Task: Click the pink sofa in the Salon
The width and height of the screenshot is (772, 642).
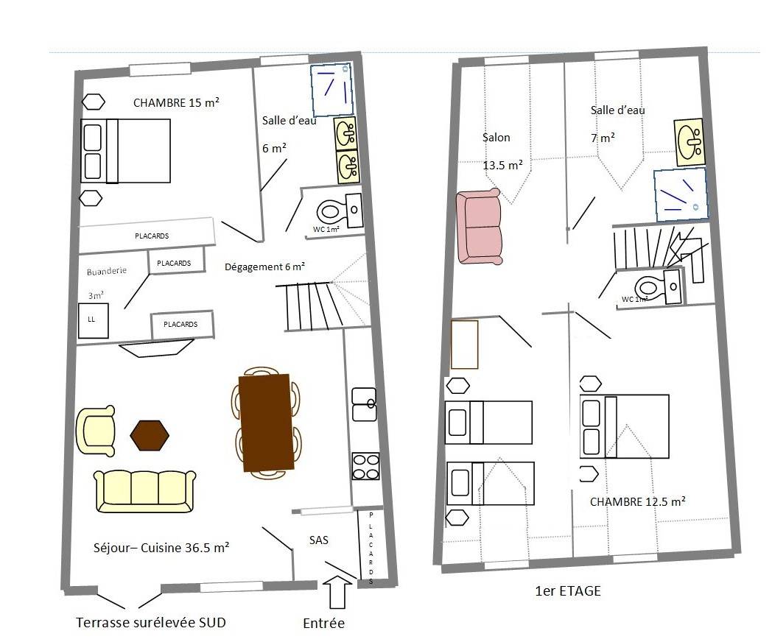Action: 479,226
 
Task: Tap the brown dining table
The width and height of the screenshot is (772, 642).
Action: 266,423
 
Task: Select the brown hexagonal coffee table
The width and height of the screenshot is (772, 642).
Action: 150,435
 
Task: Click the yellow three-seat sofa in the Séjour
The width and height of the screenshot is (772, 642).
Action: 144,491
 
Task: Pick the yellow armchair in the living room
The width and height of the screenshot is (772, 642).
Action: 96,431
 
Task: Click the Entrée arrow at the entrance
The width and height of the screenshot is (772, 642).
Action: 337,592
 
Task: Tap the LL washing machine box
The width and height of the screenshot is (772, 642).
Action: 93,321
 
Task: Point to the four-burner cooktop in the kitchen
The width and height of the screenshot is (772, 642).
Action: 366,466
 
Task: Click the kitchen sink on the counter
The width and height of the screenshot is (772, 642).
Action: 365,404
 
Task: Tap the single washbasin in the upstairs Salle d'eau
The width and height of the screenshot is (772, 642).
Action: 689,141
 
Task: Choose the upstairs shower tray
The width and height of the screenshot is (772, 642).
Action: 681,195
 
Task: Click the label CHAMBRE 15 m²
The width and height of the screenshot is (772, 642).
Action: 176,102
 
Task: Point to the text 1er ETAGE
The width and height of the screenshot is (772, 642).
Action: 568,591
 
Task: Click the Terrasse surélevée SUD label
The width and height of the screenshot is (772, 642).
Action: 151,623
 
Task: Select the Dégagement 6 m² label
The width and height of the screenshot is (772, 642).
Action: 265,267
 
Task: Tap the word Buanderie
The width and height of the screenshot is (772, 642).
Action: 106,271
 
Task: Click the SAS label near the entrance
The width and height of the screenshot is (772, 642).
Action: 318,540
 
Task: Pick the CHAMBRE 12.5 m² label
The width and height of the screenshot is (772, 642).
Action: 638,501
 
